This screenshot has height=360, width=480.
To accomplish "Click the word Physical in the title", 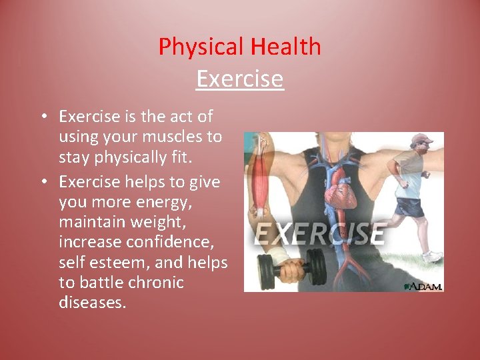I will point(202,47).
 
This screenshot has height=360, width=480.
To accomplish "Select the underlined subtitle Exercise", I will point(240,79).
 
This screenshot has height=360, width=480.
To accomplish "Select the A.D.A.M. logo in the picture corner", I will point(423,285).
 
